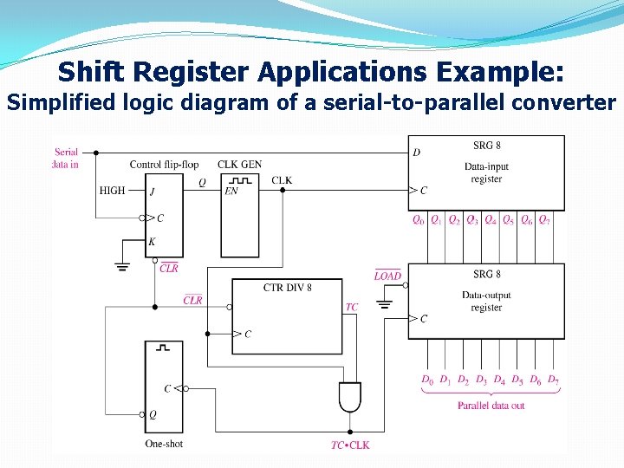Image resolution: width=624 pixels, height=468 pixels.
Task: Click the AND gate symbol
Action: tap(350, 397)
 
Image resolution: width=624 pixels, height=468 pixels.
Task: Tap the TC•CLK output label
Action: tap(350, 445)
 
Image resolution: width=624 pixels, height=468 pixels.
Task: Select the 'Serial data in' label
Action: tap(66, 158)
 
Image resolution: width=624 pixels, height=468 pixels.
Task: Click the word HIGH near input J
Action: tap(112, 191)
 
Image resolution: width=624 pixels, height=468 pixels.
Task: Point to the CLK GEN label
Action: tap(239, 164)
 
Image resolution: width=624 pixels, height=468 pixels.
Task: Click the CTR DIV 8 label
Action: tap(287, 287)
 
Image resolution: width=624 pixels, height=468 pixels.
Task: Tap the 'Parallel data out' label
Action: tap(491, 406)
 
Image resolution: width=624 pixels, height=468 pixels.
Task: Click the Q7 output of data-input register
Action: tap(544, 220)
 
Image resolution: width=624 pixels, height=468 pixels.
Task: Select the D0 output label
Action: tap(426, 380)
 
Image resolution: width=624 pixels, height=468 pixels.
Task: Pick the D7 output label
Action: tap(553, 380)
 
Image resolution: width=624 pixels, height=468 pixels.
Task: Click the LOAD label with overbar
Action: tap(387, 276)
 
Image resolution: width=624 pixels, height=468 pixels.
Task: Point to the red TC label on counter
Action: tap(351, 307)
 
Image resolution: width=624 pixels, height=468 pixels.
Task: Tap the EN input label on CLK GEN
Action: tap(231, 191)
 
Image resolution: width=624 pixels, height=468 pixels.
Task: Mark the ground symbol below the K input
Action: tap(122, 266)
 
